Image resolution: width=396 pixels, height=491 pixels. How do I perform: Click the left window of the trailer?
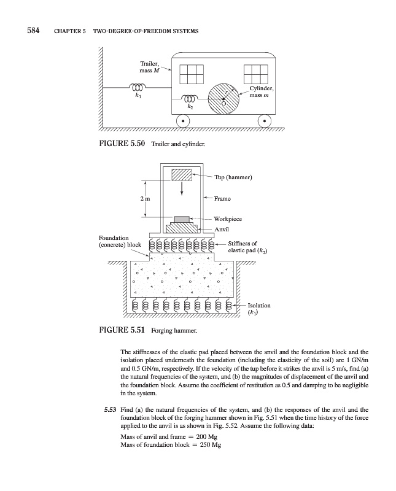point(190,74)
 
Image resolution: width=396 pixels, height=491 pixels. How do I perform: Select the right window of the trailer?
point(255,74)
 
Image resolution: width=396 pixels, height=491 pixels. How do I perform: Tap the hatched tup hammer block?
point(182,175)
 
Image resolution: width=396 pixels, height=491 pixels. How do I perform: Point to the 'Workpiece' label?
point(228,218)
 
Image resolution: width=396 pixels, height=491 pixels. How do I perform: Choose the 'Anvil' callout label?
point(221,229)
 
